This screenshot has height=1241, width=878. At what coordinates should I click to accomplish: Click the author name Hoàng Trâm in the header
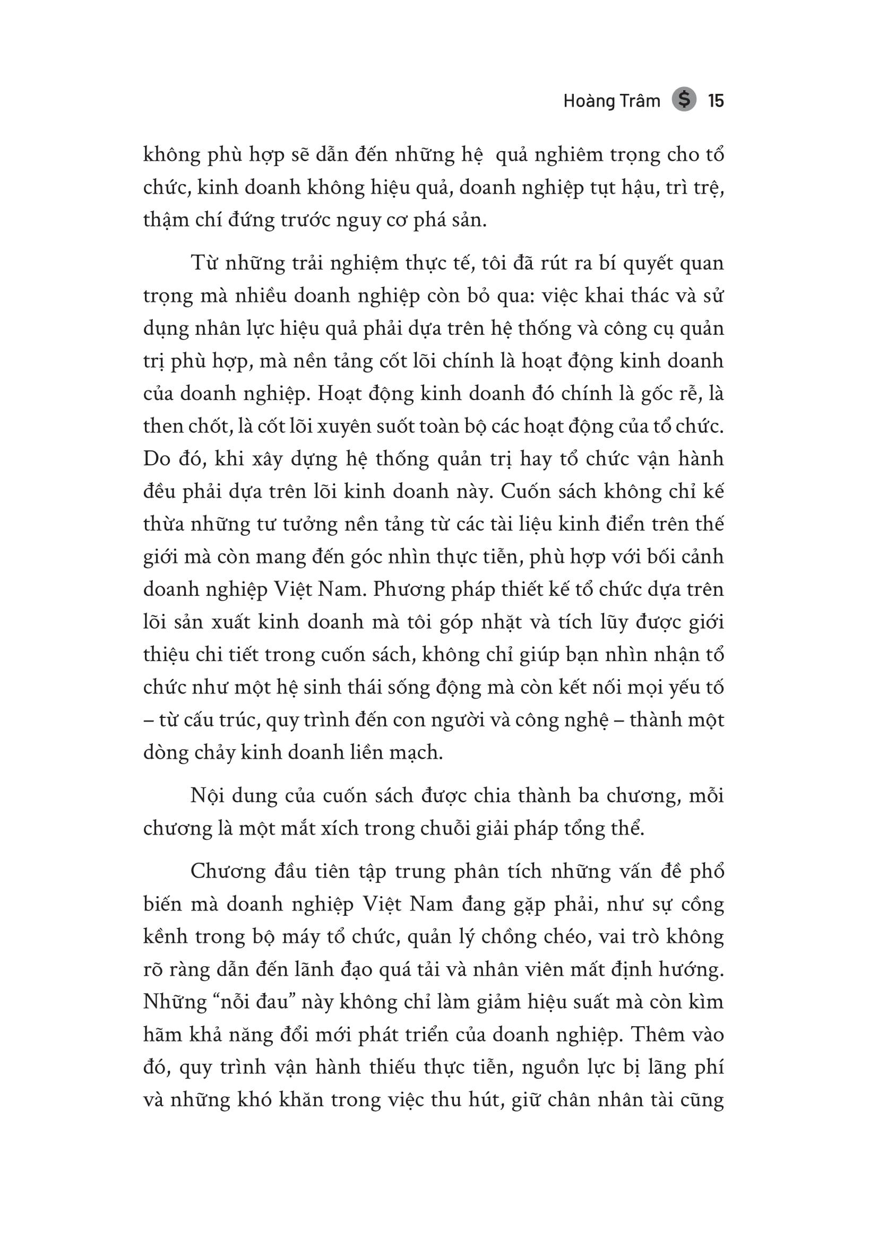612,101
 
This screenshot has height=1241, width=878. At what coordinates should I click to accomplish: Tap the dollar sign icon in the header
684,100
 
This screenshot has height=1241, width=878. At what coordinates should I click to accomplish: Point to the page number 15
716,101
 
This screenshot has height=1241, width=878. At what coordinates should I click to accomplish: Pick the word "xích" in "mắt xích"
340,828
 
